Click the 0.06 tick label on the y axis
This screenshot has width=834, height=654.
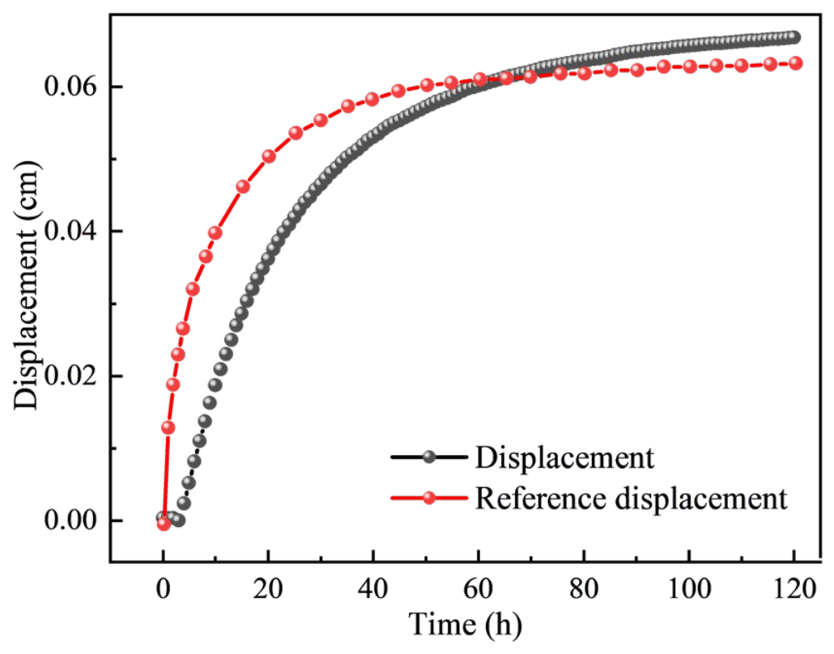70,87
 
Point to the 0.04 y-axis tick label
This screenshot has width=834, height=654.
70,231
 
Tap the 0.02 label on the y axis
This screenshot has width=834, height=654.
70,376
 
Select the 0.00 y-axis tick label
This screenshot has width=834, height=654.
70,520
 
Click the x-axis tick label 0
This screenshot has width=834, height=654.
164,589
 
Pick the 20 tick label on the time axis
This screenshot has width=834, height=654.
268,589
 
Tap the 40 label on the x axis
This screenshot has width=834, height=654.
373,589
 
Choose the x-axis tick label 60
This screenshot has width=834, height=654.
479,589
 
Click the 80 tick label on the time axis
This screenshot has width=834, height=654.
584,589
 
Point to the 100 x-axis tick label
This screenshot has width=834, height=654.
689,589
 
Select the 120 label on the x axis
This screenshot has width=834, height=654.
794,589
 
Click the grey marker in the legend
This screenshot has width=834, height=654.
428,457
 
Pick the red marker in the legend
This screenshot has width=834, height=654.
428,499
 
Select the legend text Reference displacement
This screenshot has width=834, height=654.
631,499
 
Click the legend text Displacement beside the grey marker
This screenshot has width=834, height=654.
564,458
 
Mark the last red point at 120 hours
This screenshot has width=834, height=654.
795,63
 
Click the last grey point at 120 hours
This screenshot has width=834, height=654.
794,37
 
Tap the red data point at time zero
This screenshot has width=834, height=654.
164,524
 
